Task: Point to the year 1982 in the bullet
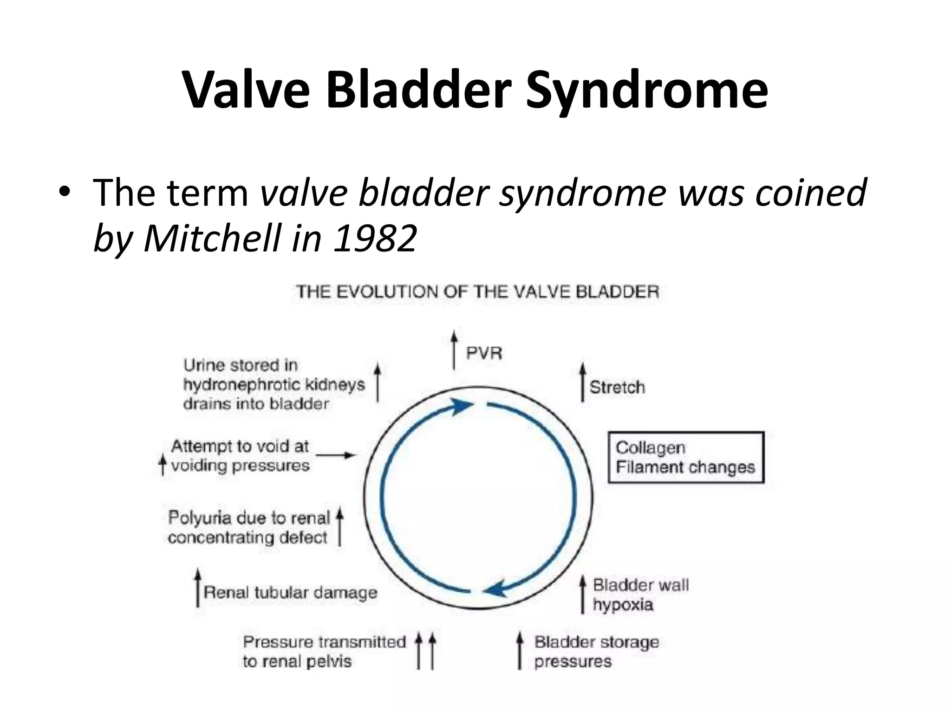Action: pyautogui.click(x=375, y=238)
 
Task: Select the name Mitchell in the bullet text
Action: pyautogui.click(x=213, y=238)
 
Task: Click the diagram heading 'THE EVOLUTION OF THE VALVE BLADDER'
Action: pyautogui.click(x=478, y=292)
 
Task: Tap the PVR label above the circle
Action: pyautogui.click(x=484, y=353)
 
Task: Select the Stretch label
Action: pyautogui.click(x=617, y=387)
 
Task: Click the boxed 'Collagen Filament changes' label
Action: pyautogui.click(x=685, y=457)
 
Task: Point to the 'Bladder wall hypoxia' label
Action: pyautogui.click(x=640, y=595)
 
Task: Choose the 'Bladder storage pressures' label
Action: pyautogui.click(x=596, y=652)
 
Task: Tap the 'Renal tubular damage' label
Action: pyautogui.click(x=291, y=592)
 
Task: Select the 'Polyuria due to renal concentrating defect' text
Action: pyautogui.click(x=249, y=527)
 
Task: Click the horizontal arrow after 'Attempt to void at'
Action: pyautogui.click(x=336, y=455)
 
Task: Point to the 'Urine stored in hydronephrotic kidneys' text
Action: pyautogui.click(x=274, y=384)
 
